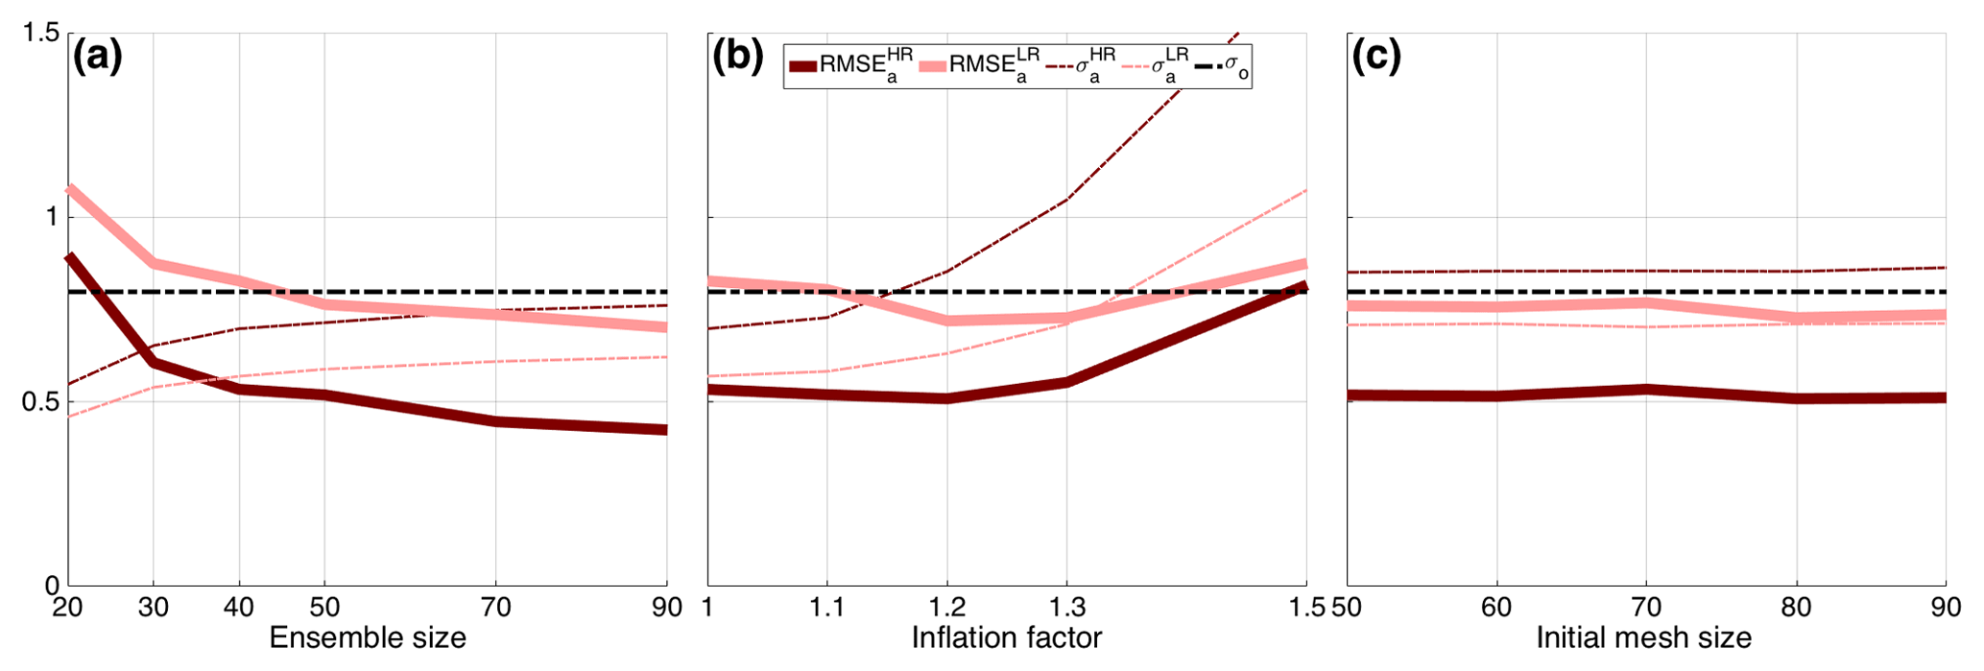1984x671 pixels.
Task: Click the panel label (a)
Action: (98, 58)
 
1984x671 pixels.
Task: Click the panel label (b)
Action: (737, 58)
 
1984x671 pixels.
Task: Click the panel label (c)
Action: (1376, 58)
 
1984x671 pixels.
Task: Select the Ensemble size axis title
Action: (368, 637)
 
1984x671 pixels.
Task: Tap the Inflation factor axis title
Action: (1007, 637)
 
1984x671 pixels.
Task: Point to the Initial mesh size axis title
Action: (1644, 637)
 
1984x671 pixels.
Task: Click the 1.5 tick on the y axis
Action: (39, 34)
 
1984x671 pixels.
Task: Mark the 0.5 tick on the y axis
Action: (39, 401)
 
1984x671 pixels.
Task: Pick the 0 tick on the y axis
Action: (51, 586)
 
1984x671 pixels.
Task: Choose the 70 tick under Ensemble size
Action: (496, 607)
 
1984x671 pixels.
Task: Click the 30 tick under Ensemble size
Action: (154, 607)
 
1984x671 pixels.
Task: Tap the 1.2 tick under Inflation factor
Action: (947, 607)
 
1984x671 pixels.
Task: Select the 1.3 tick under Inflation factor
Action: (1066, 607)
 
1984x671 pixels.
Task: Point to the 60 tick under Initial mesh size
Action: (1496, 607)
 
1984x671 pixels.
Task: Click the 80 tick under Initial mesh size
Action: (1796, 607)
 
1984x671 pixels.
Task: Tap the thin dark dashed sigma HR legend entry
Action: (1083, 66)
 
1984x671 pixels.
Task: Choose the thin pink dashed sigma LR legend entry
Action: (1155, 66)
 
